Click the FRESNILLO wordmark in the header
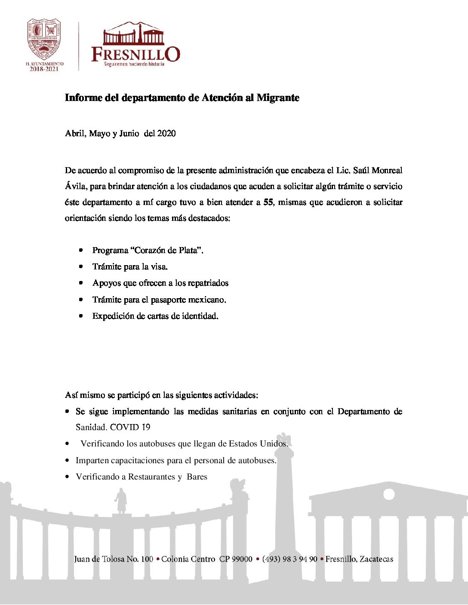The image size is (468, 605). pos(135,54)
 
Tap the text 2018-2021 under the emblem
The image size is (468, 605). pos(44,69)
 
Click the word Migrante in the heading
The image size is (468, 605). pos(278,98)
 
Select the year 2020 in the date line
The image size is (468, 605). pos(166,134)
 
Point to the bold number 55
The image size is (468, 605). pos(268,202)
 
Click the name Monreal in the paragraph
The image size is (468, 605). pos(387,171)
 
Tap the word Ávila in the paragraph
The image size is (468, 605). pos(75,186)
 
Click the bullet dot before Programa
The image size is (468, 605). pos(81,250)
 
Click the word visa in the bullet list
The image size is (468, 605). pos(159,267)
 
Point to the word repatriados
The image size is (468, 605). pos(208,283)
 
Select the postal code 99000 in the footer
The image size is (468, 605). pos(242,559)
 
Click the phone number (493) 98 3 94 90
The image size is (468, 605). pos(289,559)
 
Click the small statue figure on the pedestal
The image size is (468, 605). pos(121,502)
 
